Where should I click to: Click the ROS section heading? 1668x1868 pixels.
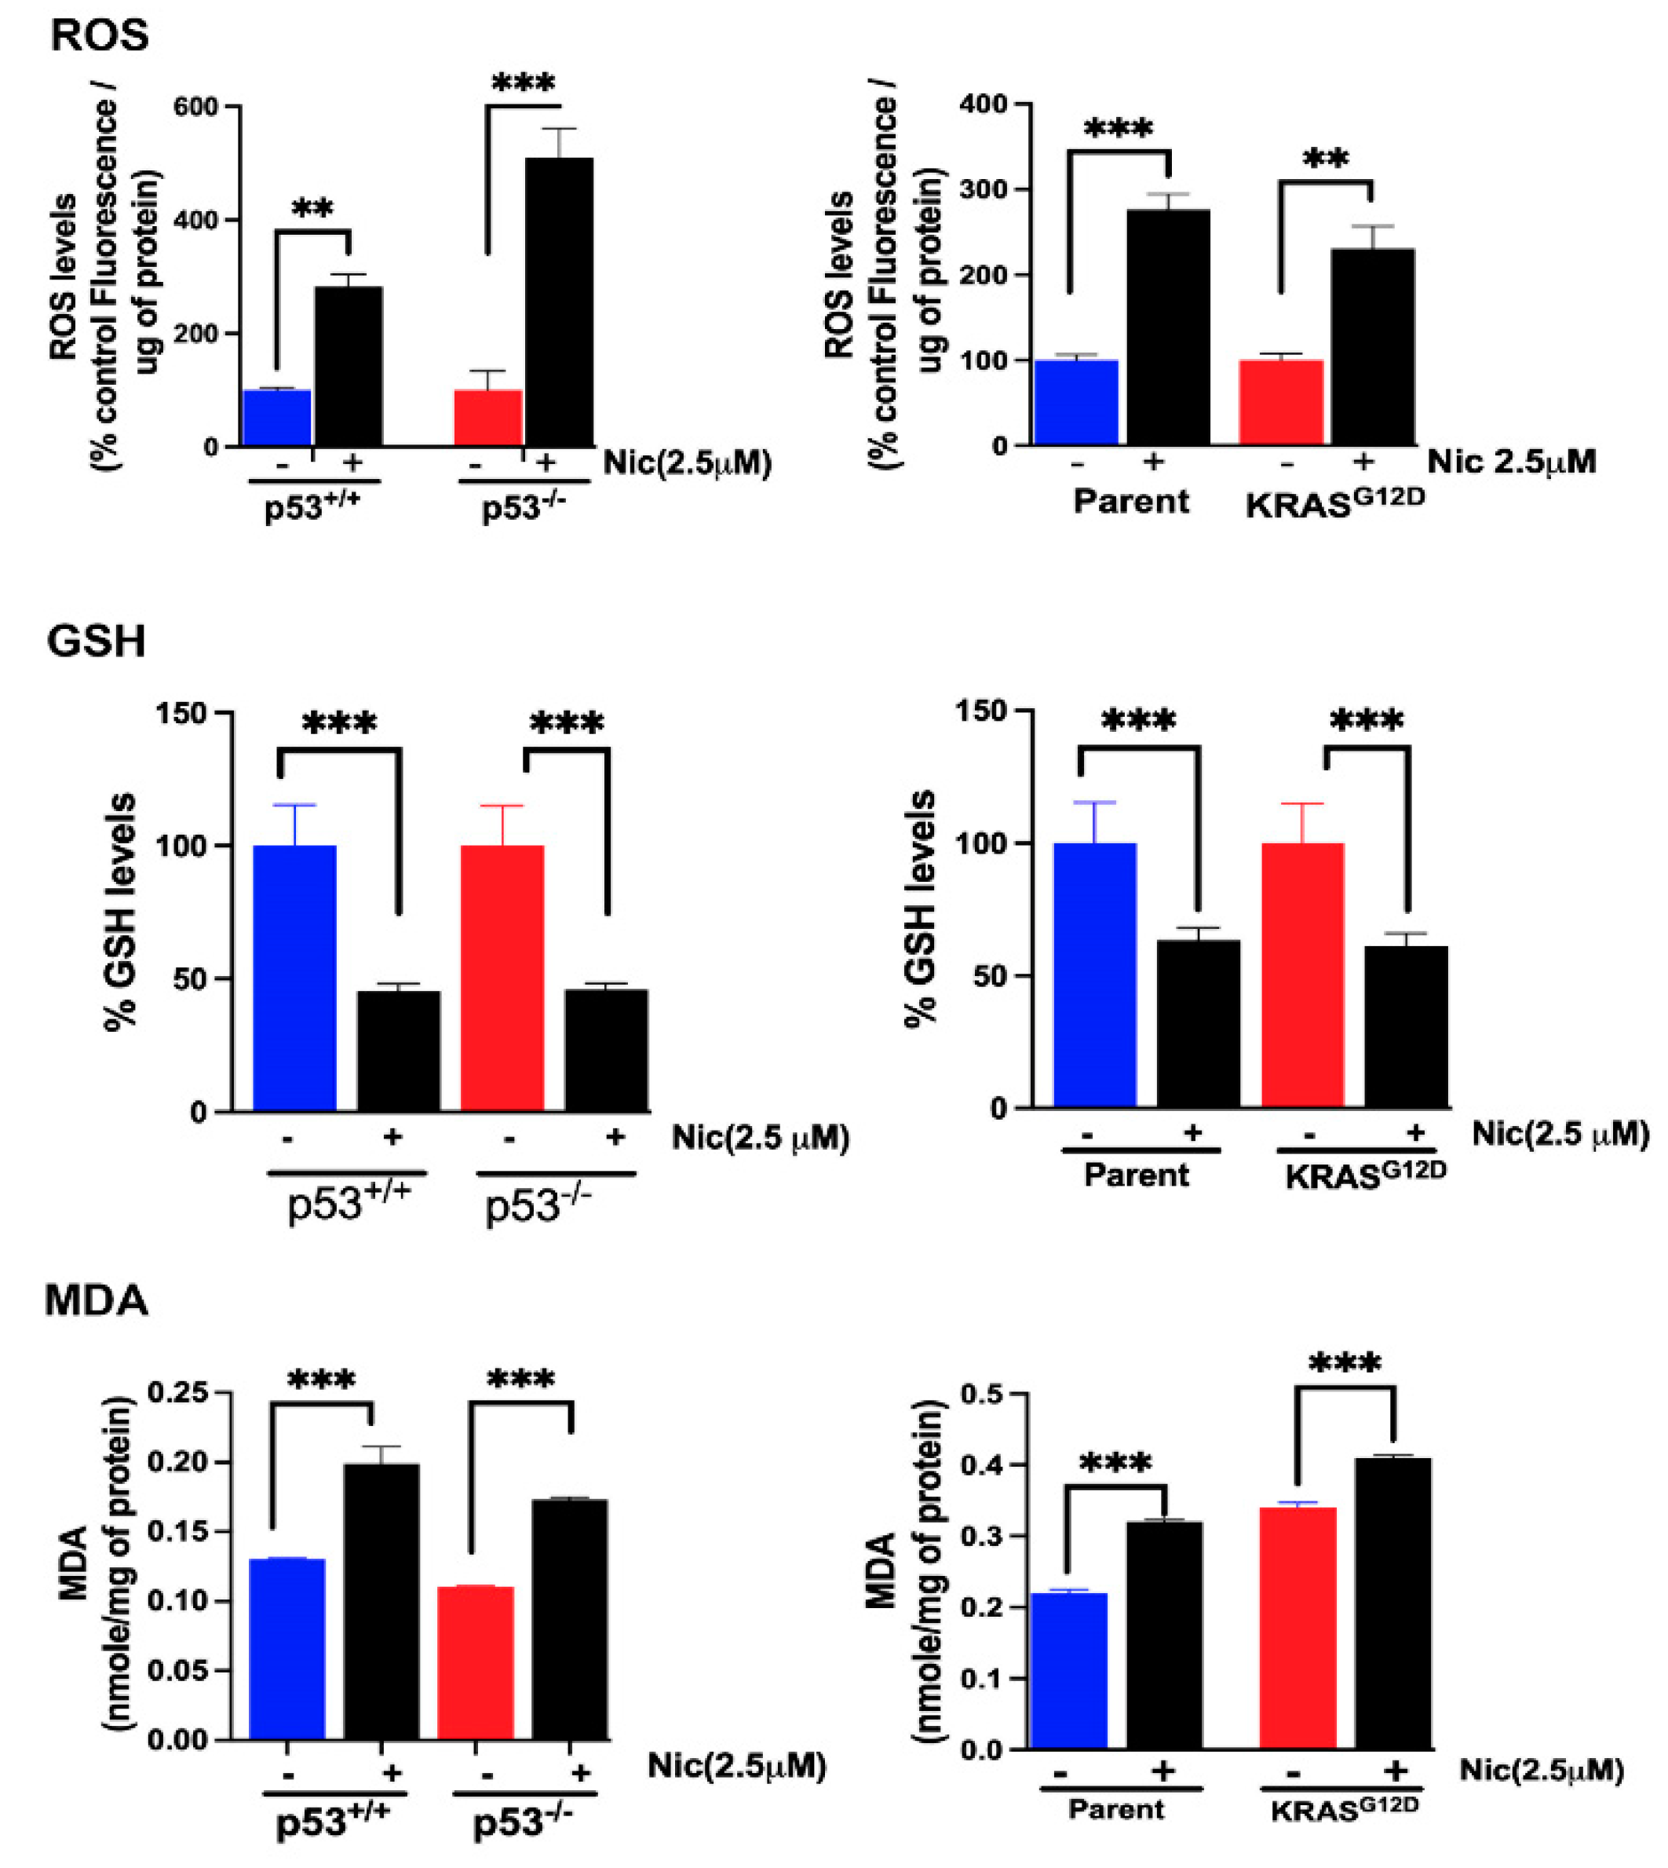pos(99,36)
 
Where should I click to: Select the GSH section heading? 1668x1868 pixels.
pos(97,641)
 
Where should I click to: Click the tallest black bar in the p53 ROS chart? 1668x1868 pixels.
pos(558,302)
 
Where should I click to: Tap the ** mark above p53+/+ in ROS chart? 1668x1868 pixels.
pos(313,210)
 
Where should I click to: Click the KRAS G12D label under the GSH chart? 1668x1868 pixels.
pos(1366,1176)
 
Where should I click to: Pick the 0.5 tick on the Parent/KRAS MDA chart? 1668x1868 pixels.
pos(984,1394)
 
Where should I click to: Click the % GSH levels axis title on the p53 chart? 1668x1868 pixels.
pos(121,912)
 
